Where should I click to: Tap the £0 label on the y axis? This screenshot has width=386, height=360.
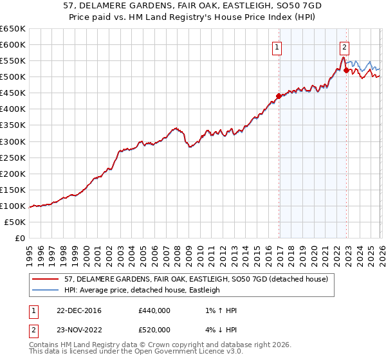click(19, 238)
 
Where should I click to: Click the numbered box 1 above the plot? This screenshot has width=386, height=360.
click(277, 46)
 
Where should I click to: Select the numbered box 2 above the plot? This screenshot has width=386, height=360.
click(345, 46)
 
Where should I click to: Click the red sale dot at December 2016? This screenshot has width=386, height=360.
click(279, 96)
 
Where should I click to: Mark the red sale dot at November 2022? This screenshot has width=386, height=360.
click(346, 70)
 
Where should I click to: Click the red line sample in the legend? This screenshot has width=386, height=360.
click(46, 279)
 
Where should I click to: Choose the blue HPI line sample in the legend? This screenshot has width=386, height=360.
click(46, 290)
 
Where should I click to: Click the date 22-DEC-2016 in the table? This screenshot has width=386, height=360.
click(74, 310)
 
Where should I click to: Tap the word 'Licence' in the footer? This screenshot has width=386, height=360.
click(170, 352)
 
